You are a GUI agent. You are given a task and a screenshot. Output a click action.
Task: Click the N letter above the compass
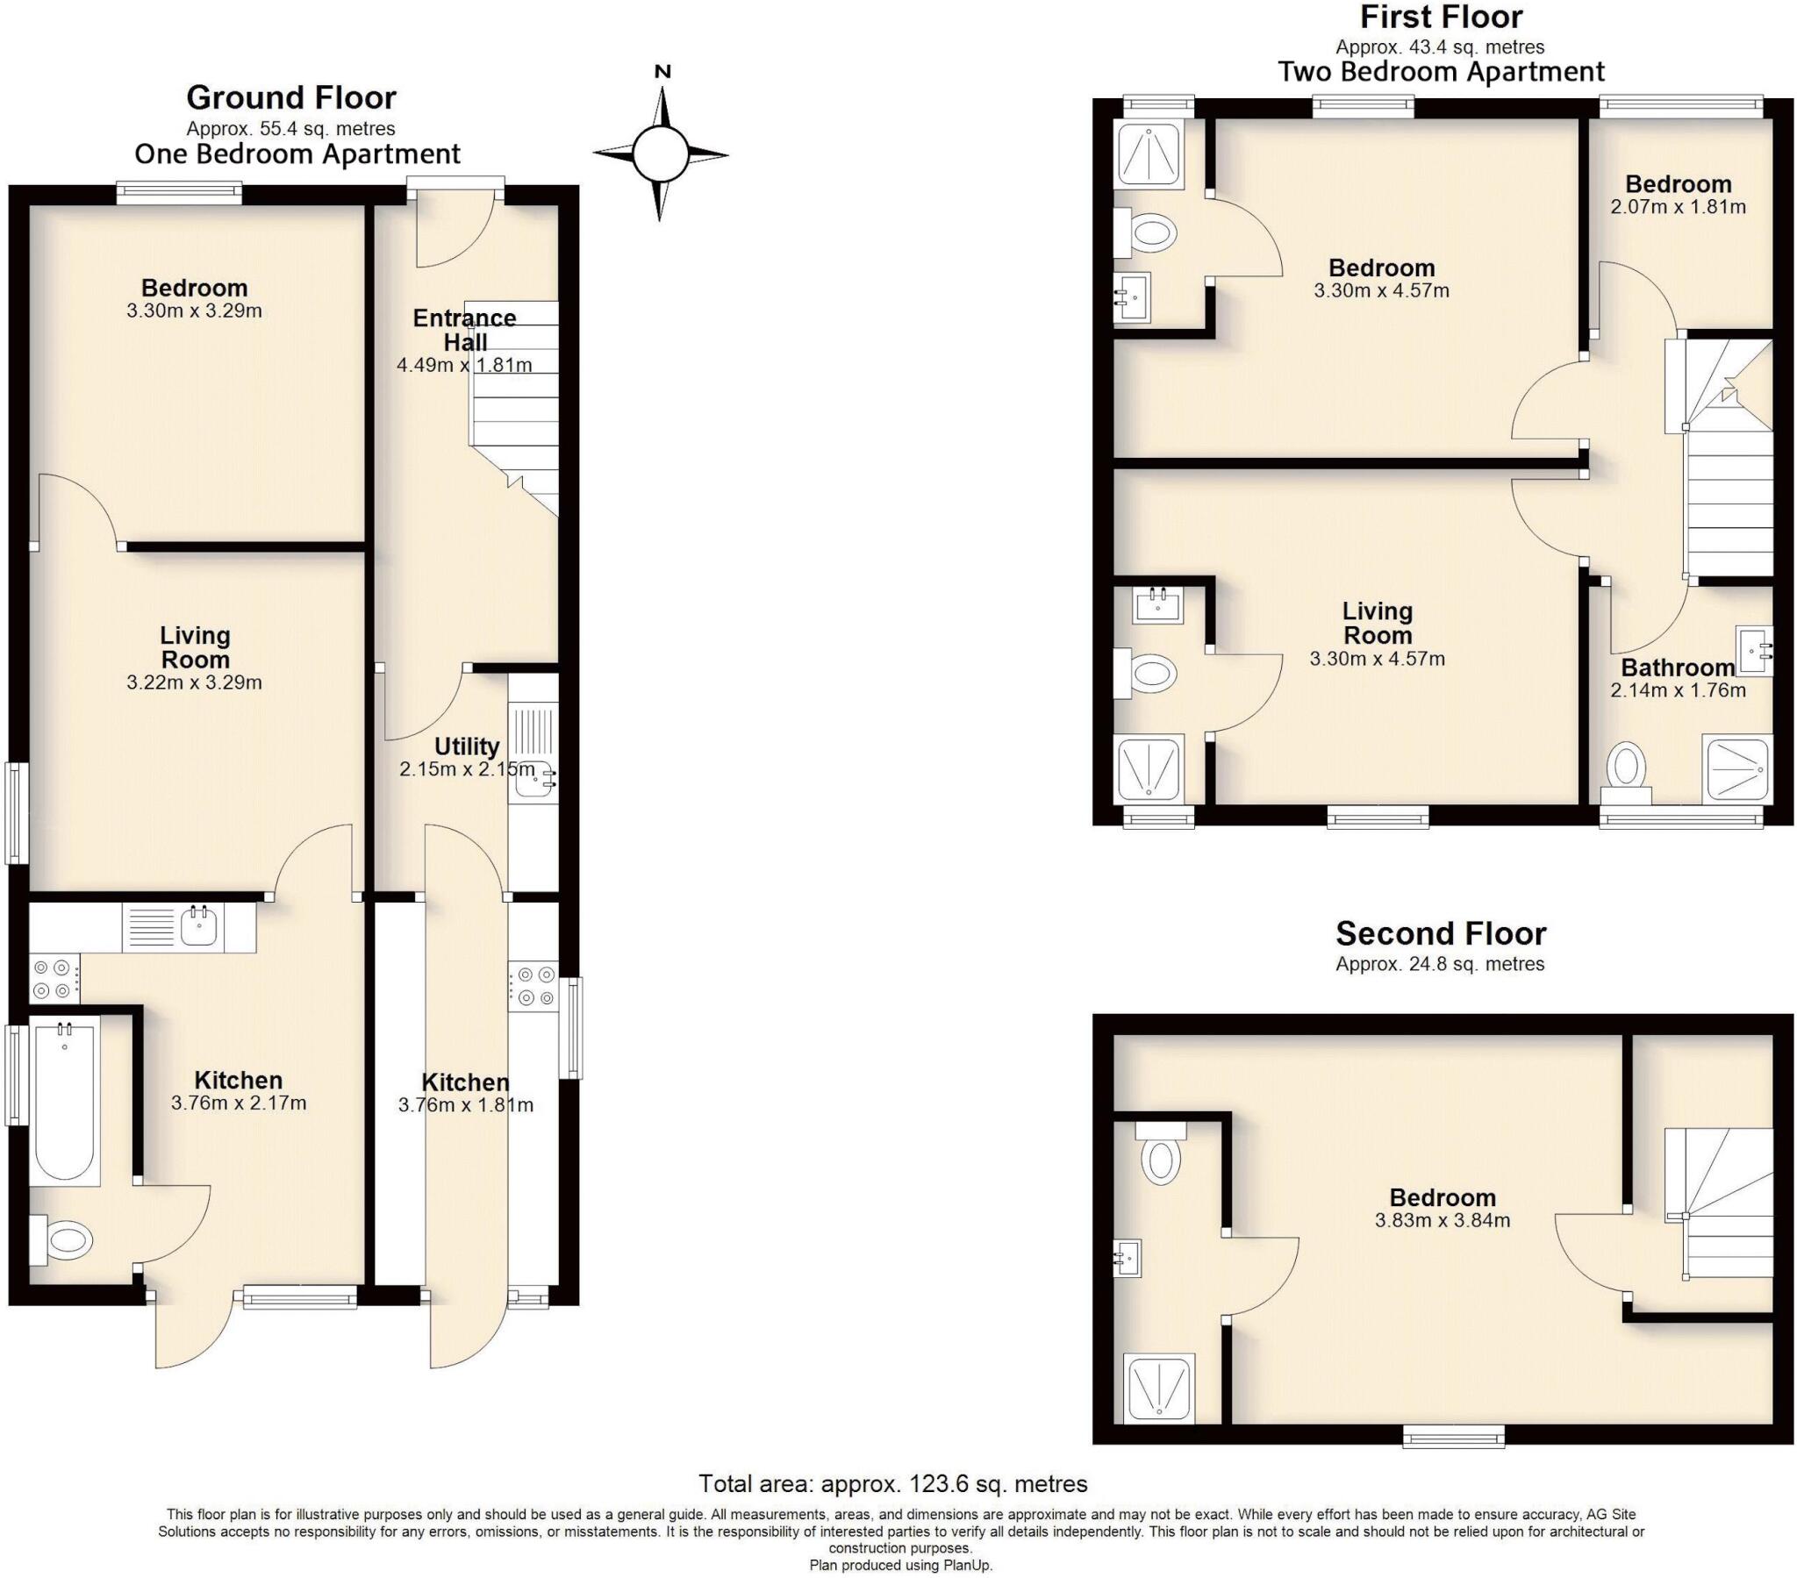click(x=663, y=72)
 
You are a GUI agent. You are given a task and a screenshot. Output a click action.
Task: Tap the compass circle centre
click(x=660, y=154)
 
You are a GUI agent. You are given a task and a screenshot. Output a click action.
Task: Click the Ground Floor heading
click(x=291, y=96)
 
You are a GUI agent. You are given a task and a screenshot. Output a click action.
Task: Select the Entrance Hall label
click(x=465, y=330)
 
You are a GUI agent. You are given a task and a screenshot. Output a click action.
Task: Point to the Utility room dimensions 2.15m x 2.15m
click(x=466, y=769)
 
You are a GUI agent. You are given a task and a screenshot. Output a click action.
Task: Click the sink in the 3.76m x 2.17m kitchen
click(x=199, y=925)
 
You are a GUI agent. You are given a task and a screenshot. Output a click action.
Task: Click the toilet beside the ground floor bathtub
click(x=63, y=1240)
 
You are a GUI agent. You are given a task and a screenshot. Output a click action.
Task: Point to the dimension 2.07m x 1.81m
click(x=1678, y=208)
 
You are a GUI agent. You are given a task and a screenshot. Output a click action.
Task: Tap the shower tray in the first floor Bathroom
click(x=1736, y=768)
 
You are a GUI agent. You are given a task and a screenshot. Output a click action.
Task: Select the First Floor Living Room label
click(x=1377, y=623)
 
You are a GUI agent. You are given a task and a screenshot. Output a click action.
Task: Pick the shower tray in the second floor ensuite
click(x=1160, y=1389)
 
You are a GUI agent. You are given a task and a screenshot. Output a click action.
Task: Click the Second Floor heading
click(x=1440, y=932)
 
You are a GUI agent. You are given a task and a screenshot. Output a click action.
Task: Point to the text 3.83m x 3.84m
click(x=1442, y=1220)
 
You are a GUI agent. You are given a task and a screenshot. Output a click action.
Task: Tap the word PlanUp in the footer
click(x=967, y=1566)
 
